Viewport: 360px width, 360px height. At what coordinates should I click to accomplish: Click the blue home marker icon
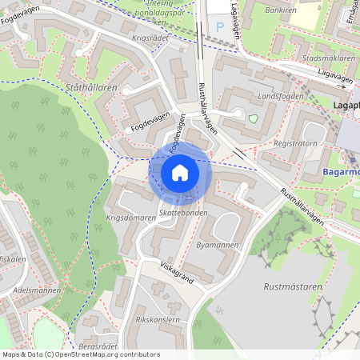180,172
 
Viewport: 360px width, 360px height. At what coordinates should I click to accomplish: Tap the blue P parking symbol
220,27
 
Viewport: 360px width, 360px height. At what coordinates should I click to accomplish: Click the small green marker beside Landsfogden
254,119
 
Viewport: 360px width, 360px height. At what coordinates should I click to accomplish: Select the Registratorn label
295,144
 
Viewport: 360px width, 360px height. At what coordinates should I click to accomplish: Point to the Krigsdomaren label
130,218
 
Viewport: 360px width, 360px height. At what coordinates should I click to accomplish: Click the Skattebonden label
183,214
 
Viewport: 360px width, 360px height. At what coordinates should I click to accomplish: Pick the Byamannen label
218,245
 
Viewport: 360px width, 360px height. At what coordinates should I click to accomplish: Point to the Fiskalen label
11,259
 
